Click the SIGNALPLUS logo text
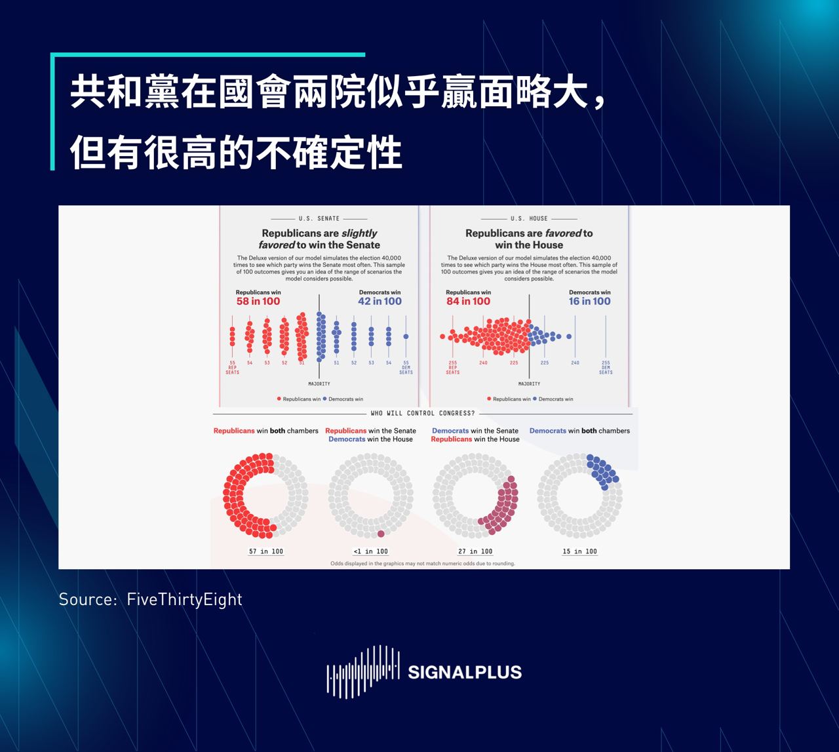click(x=464, y=672)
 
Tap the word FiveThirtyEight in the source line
click(x=184, y=599)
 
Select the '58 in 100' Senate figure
click(x=258, y=302)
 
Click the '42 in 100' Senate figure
click(x=380, y=302)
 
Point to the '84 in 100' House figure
click(x=468, y=302)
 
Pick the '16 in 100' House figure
click(x=589, y=302)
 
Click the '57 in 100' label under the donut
click(x=266, y=551)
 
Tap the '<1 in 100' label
click(x=370, y=551)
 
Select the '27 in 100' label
click(x=475, y=551)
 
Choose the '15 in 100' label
click(x=579, y=551)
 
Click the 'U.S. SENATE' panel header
click(x=319, y=218)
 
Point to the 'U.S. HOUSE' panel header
click(x=529, y=218)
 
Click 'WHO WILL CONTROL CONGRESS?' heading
click(x=423, y=414)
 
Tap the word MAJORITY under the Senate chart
click(x=319, y=384)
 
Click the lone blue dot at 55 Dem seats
click(x=406, y=337)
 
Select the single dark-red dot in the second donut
click(x=381, y=534)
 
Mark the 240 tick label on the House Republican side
click(x=483, y=363)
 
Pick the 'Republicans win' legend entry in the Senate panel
click(x=302, y=399)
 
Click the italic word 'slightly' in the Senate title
click(x=359, y=233)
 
